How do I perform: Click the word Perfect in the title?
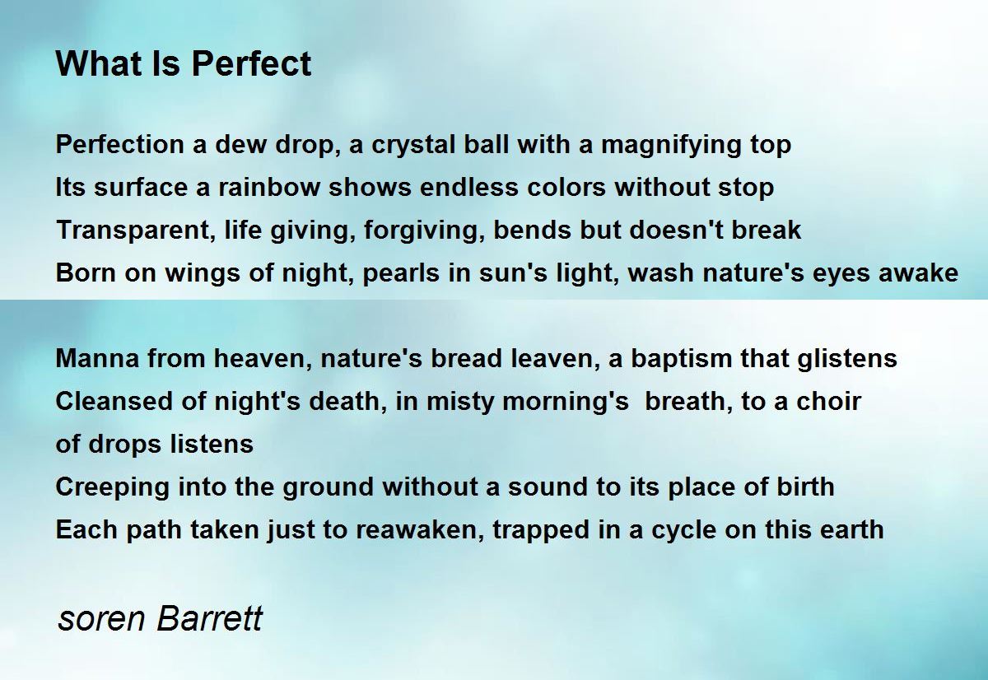pyautogui.click(x=251, y=63)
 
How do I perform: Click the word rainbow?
pyautogui.click(x=269, y=188)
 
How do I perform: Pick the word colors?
pyautogui.click(x=566, y=188)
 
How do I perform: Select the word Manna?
pyautogui.click(x=97, y=359)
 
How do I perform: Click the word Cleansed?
pyautogui.click(x=114, y=402)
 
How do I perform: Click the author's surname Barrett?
pyautogui.click(x=209, y=618)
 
